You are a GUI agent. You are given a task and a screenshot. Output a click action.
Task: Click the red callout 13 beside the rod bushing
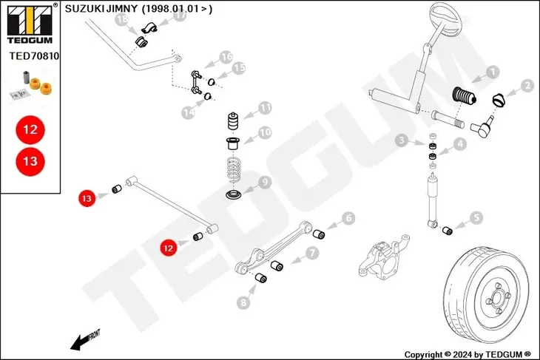coord(87,198)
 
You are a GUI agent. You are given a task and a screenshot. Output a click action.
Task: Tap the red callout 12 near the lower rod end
coord(169,248)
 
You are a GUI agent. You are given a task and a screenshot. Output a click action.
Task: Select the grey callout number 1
coord(493,72)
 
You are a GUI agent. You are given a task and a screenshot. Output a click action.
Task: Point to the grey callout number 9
coord(265,182)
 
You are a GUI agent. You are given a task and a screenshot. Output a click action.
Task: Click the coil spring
coord(234,169)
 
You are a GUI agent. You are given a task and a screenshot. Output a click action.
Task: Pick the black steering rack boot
coord(464,95)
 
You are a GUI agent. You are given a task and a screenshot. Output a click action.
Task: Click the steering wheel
coord(445,20)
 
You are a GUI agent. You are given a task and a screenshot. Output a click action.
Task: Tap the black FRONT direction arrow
coord(85,340)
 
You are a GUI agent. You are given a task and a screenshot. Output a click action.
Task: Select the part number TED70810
coord(34,55)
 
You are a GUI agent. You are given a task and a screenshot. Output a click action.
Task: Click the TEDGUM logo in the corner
coord(30,24)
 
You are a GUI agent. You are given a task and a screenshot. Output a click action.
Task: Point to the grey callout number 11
coord(265,108)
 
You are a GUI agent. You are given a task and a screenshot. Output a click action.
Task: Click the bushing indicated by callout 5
coord(448,231)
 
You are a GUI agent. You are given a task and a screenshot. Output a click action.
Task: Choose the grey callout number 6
coord(348,218)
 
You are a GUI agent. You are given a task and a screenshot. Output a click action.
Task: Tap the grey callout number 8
coord(243,302)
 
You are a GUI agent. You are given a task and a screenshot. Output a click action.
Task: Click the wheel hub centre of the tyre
coord(497,297)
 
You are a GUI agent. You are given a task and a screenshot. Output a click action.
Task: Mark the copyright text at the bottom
coord(468,354)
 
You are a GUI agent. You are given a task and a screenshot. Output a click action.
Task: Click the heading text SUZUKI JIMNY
coord(101,9)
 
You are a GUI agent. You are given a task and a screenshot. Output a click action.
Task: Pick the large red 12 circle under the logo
coord(30,130)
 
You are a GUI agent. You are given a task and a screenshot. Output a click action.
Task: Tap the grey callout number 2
coord(527,86)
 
